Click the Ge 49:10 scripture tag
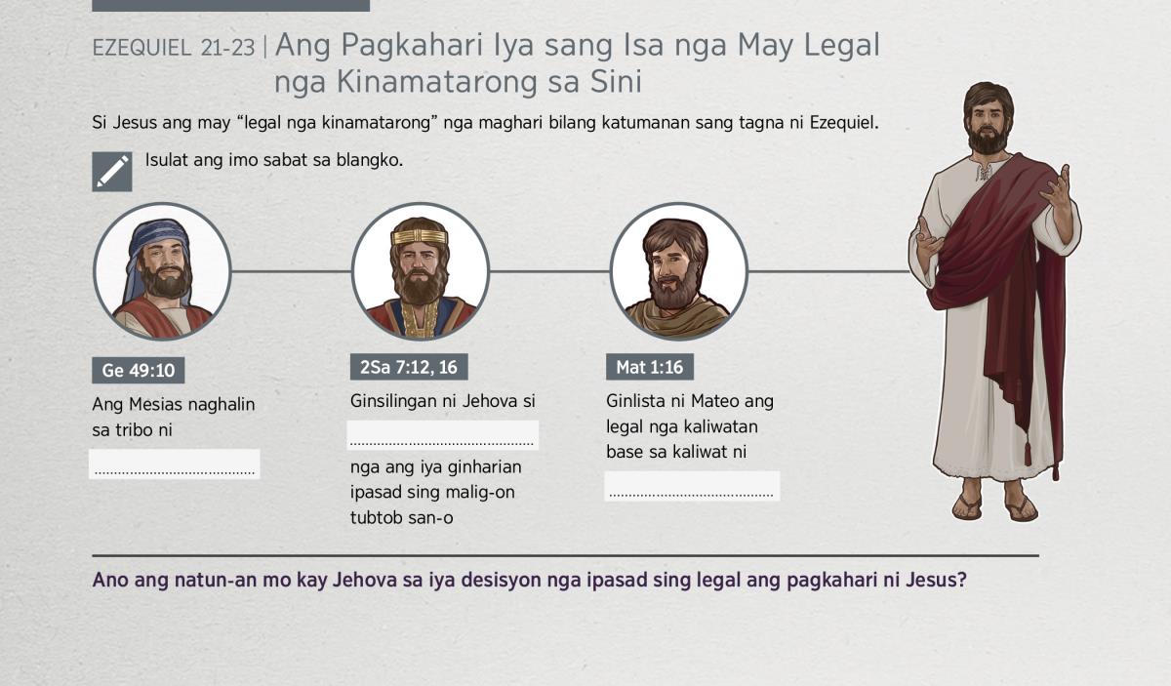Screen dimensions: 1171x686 [138, 370]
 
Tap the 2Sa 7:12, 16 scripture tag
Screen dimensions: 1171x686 [409, 367]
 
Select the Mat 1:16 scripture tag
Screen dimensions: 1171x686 [650, 367]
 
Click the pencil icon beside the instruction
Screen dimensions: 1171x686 [112, 172]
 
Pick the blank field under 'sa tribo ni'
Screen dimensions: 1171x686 [174, 464]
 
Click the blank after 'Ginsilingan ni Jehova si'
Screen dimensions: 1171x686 [442, 435]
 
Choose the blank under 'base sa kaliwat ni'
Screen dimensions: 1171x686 [692, 486]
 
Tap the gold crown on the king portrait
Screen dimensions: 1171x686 [420, 236]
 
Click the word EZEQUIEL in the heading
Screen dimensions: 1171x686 [141, 48]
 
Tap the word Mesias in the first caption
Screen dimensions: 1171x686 [155, 404]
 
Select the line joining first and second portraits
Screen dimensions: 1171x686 [291, 271]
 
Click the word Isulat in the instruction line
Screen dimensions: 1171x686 [166, 159]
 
